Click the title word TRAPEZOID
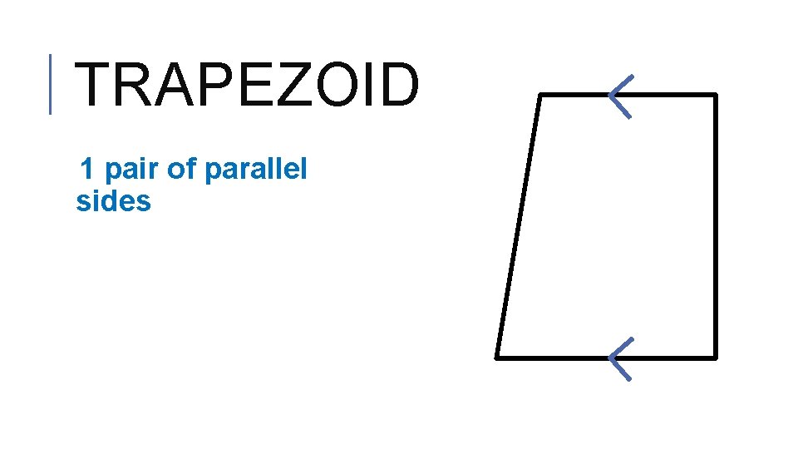pos(247,86)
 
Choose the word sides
pos(113,201)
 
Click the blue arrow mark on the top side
pos(620,95)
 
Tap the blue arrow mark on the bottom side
pos(620,358)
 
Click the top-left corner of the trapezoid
pos(540,95)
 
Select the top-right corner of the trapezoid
pos(715,95)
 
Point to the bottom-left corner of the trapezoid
pos(497,358)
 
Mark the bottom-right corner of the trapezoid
pos(715,358)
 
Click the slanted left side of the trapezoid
pos(519,226)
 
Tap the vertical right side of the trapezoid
pos(715,226)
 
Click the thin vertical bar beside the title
pos(50,83)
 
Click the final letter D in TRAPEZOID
pos(397,86)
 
